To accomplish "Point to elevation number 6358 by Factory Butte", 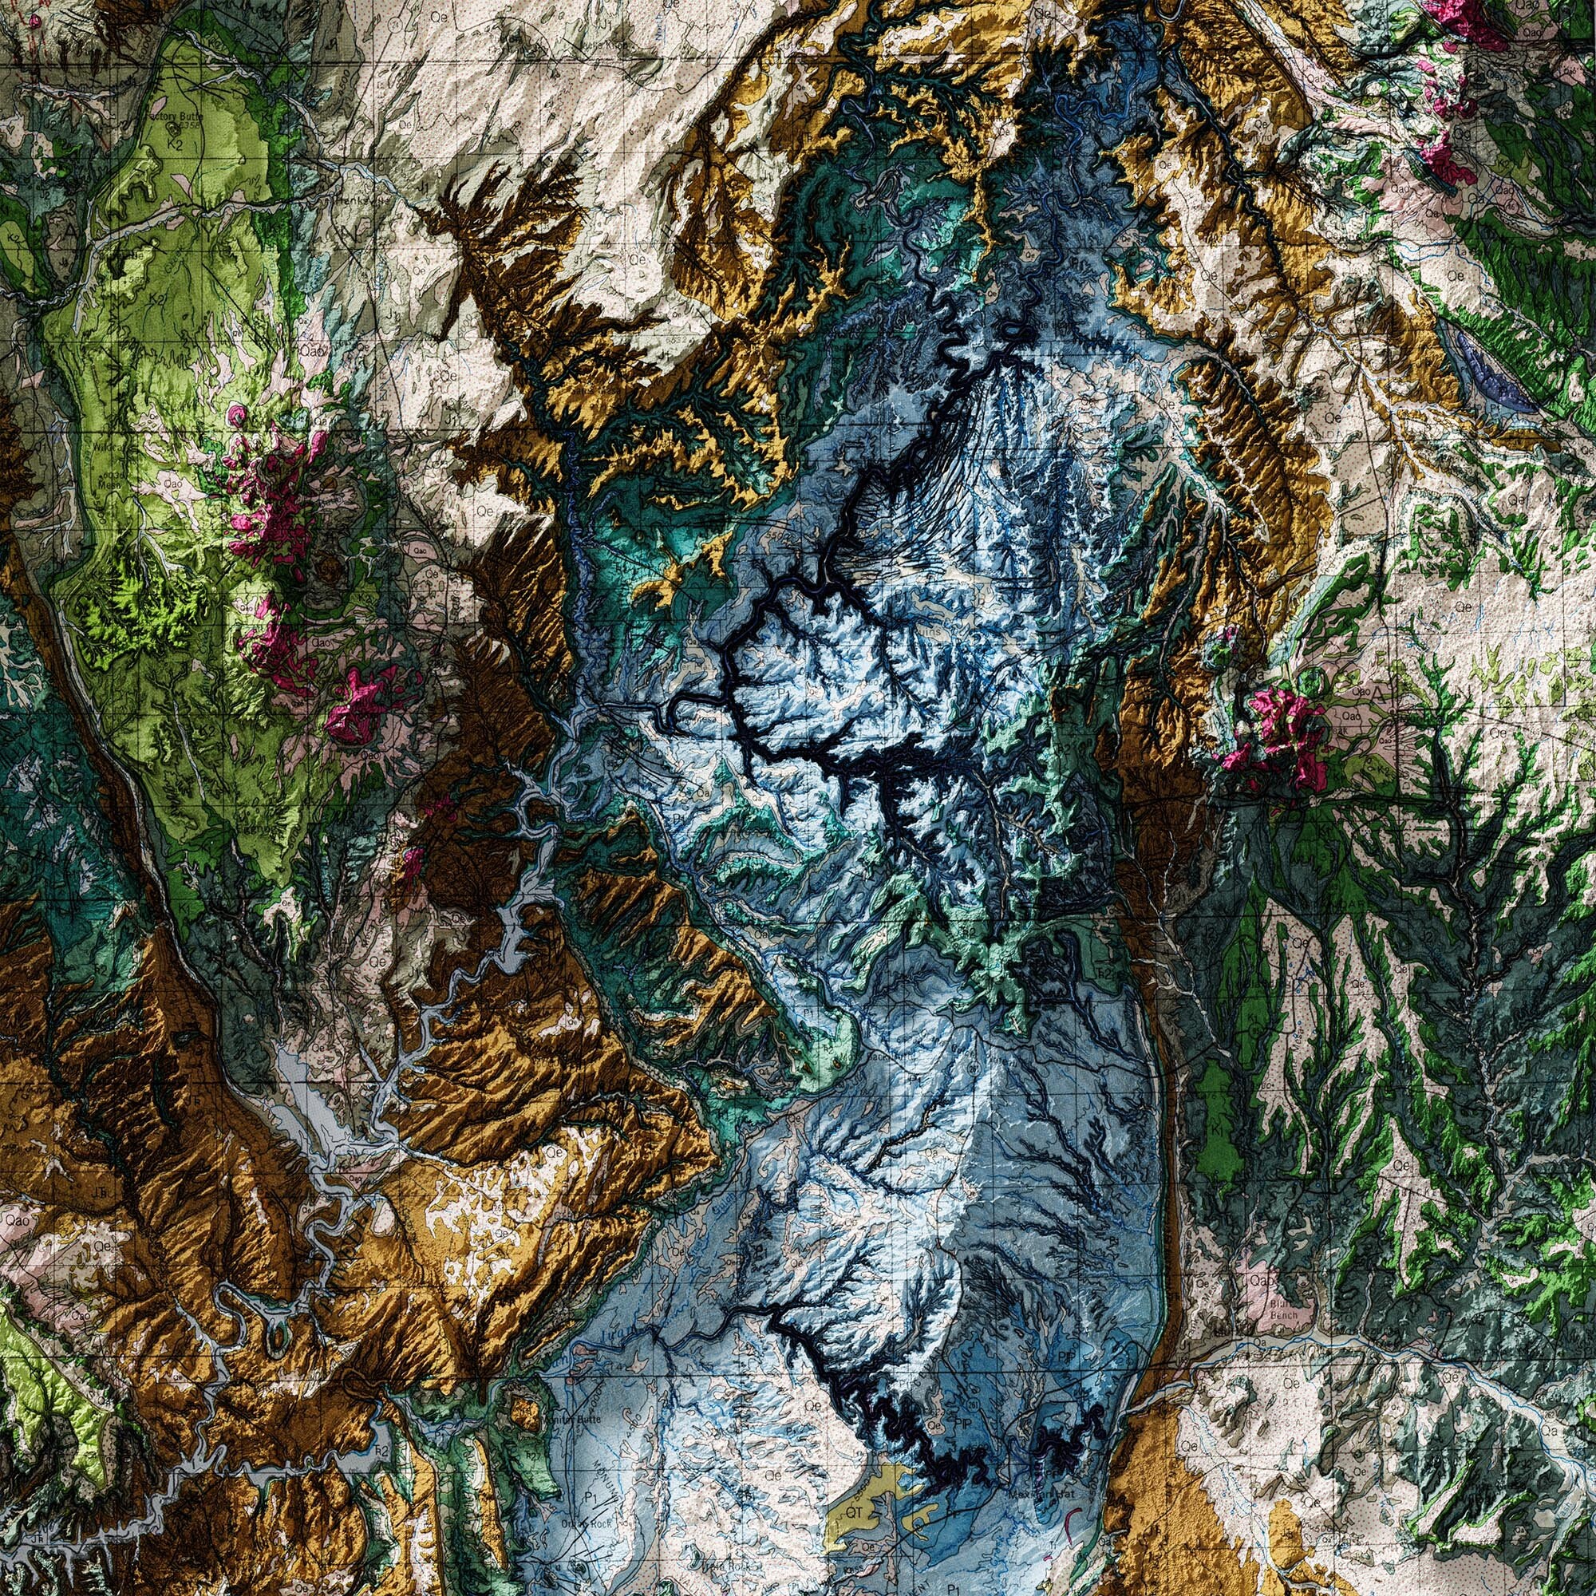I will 192,130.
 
